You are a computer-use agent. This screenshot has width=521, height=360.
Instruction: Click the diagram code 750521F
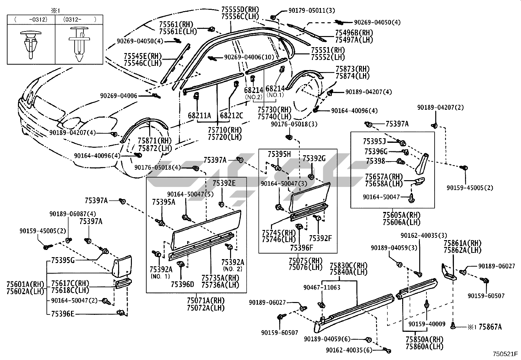(x=505, y=354)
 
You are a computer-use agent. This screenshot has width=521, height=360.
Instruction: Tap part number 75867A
(x=490, y=327)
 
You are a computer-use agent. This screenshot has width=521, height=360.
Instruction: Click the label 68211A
(x=199, y=116)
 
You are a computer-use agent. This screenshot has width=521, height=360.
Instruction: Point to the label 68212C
(x=231, y=116)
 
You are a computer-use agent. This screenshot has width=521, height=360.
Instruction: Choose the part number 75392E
(x=224, y=183)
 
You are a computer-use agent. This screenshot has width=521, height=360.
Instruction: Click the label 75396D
(x=182, y=285)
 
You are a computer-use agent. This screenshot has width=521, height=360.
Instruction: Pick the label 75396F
(x=301, y=248)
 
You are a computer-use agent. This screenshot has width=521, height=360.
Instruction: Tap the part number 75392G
(x=314, y=159)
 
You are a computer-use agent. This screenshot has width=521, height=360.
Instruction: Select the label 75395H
(x=279, y=154)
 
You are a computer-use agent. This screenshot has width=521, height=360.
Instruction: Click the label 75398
(x=375, y=161)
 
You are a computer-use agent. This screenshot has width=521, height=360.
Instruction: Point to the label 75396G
(x=376, y=151)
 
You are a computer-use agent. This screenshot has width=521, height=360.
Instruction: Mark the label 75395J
(x=374, y=142)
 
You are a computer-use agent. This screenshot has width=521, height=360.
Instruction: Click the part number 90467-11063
(x=322, y=287)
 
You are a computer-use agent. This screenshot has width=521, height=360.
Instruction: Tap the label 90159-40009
(x=427, y=324)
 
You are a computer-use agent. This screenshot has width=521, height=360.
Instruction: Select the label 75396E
(x=63, y=314)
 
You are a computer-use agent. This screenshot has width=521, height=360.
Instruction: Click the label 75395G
(x=63, y=261)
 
